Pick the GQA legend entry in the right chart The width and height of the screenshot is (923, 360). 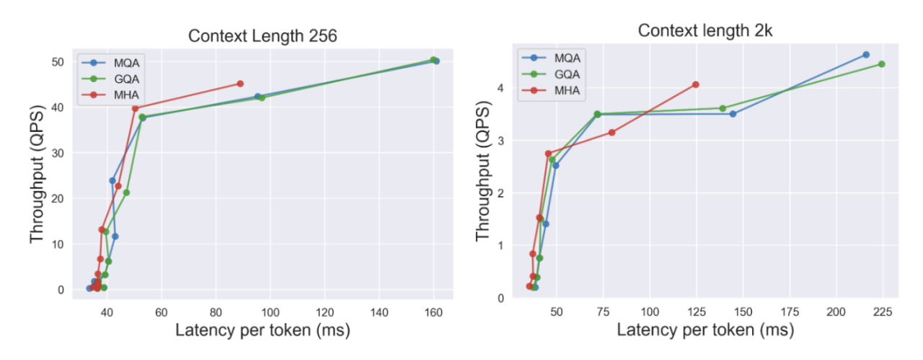[x=556, y=74]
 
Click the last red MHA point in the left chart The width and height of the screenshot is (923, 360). [x=240, y=84]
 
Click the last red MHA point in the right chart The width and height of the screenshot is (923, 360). [x=695, y=84]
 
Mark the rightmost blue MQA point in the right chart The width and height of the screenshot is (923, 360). [x=866, y=55]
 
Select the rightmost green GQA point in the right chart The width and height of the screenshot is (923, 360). [x=881, y=64]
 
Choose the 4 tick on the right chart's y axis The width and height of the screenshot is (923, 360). [x=500, y=88]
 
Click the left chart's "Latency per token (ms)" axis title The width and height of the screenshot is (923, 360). [x=262, y=332]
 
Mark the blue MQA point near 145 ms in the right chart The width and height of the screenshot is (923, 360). [x=733, y=114]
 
